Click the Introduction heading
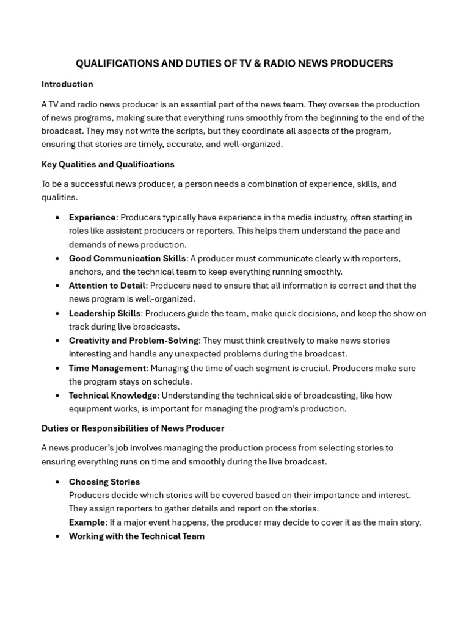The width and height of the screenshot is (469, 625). pos(67,84)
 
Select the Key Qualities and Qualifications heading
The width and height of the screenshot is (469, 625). pos(107,164)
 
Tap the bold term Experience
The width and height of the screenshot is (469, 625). pos(92,217)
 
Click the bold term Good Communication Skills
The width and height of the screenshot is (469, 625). pos(127,258)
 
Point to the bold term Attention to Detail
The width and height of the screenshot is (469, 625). pos(107,286)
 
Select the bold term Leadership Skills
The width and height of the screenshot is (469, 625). pos(105,313)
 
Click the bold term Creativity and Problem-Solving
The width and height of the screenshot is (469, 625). pos(133,341)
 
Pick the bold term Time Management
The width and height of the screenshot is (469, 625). pos(107,368)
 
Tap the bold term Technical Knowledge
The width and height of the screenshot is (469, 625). pos(113,396)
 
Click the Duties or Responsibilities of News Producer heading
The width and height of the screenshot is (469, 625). pos(133,428)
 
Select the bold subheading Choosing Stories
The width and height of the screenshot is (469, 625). pos(104,482)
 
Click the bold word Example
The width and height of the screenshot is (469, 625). pos(87,522)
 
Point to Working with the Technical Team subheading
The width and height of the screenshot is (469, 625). pos(137,536)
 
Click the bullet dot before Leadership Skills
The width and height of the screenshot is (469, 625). pos(57,314)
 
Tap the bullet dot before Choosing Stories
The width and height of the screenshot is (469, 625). pos(57,482)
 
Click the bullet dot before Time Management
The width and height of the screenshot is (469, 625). pos(57,369)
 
